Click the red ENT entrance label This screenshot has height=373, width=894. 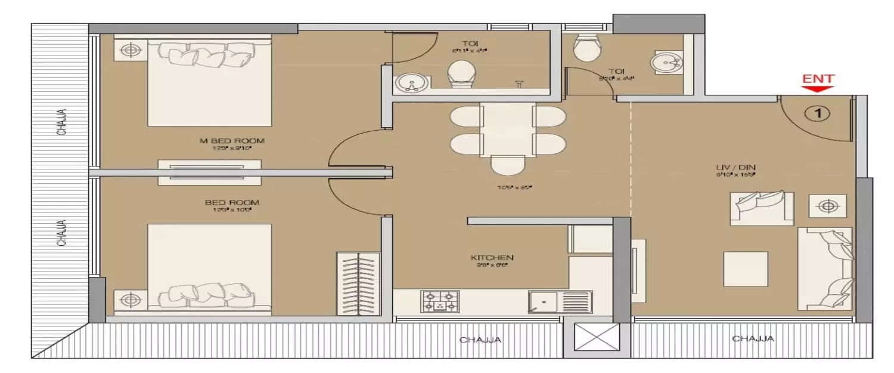[x=818, y=79]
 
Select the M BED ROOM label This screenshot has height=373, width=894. [x=232, y=141]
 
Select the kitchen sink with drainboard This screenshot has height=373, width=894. [x=560, y=301]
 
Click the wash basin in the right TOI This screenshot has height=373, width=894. [x=668, y=62]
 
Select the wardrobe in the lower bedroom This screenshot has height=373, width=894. [x=358, y=282]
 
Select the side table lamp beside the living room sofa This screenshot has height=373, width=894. [x=827, y=206]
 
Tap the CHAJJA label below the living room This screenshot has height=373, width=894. [x=753, y=339]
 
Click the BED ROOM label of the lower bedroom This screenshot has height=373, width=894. [x=232, y=203]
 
